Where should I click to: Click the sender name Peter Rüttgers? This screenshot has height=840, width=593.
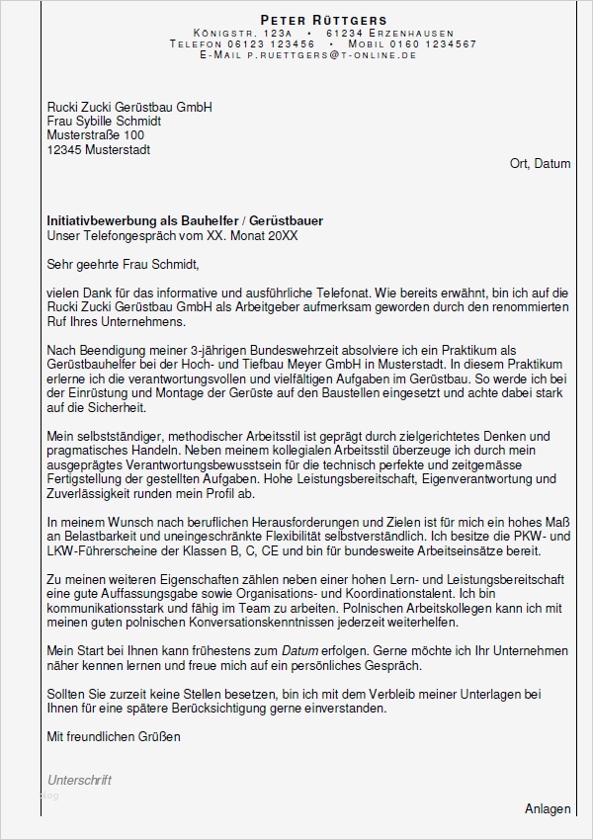pos(309,20)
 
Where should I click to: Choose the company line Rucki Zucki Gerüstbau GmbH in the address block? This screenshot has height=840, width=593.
pos(129,107)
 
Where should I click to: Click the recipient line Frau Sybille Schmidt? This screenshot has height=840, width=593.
pos(104,121)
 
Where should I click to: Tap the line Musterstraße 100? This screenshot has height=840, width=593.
pos(96,135)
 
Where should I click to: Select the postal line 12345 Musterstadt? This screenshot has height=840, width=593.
pos(99,150)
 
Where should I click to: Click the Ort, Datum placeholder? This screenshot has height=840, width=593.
pos(540,164)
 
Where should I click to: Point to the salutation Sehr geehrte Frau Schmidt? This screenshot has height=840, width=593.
pos(123,264)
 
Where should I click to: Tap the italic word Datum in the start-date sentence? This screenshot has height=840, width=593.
pos(299,651)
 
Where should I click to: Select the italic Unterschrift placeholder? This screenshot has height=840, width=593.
pos(79,780)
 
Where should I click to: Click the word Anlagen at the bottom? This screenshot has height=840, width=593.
pos(548,808)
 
